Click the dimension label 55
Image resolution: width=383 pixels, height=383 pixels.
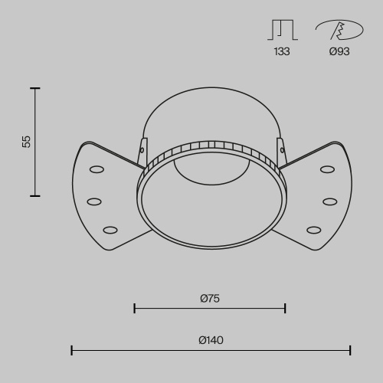click(27, 142)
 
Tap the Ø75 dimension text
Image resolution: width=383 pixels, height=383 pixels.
click(210, 299)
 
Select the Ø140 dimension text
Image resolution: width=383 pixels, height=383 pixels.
click(211, 340)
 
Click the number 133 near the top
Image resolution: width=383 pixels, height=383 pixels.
click(281, 52)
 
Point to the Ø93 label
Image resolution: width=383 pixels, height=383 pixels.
click(339, 52)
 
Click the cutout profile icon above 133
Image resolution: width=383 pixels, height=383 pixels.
click(281, 29)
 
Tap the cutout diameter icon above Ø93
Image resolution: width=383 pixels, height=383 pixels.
click(339, 30)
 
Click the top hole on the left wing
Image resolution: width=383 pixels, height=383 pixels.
click(97, 169)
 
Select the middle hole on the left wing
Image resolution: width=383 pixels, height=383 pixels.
click(94, 201)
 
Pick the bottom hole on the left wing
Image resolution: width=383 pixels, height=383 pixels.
click(110, 229)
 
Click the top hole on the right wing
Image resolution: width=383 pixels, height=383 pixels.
click(327, 169)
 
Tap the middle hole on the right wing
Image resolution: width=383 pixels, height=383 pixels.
click(330, 201)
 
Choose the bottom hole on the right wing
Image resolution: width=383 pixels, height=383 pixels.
click(314, 229)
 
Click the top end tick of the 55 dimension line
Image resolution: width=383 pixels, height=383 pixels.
click(34, 89)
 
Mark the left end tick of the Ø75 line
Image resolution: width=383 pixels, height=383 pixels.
click(135, 309)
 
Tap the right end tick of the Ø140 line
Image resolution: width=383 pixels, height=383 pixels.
click(350, 350)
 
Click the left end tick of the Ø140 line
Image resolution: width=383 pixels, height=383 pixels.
click(72, 350)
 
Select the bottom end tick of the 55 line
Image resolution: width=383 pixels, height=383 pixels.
click(34, 196)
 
